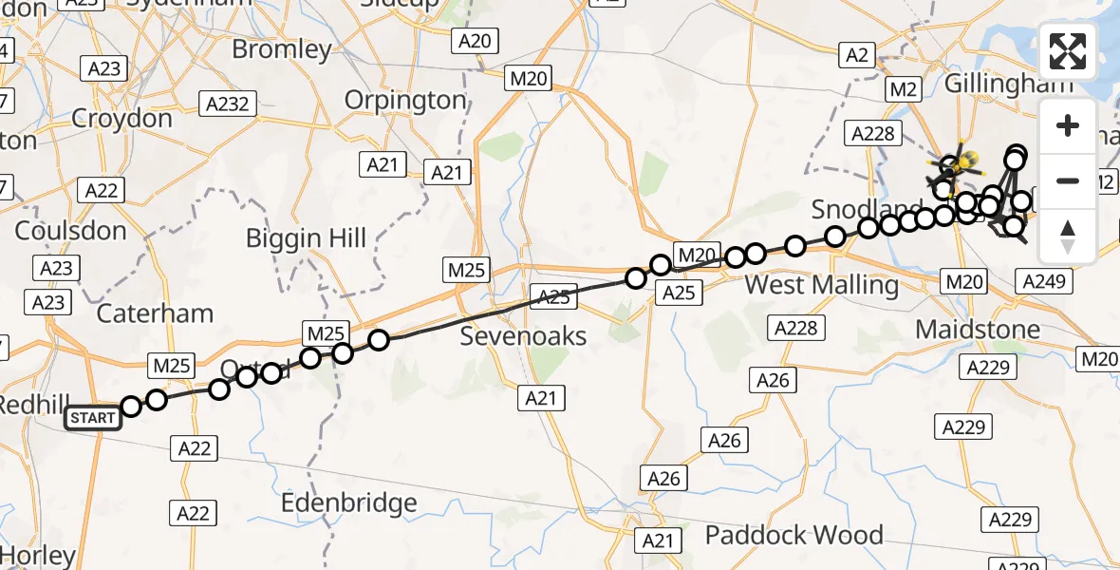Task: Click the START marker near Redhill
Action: point(93,417)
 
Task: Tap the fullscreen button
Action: point(1068,51)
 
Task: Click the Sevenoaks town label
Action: point(524,335)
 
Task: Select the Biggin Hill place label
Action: point(306,237)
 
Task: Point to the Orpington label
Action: point(405,100)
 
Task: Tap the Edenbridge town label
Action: point(349,503)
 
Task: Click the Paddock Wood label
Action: point(794,535)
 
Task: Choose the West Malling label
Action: point(821,284)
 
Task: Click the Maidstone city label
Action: point(978,330)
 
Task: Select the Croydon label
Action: point(123,119)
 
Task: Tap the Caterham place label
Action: point(156,313)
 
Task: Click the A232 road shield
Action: point(229,103)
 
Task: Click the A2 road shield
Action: point(856,55)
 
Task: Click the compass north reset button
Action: point(1068,237)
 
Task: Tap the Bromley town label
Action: point(282,48)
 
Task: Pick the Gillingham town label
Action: point(1008,84)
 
